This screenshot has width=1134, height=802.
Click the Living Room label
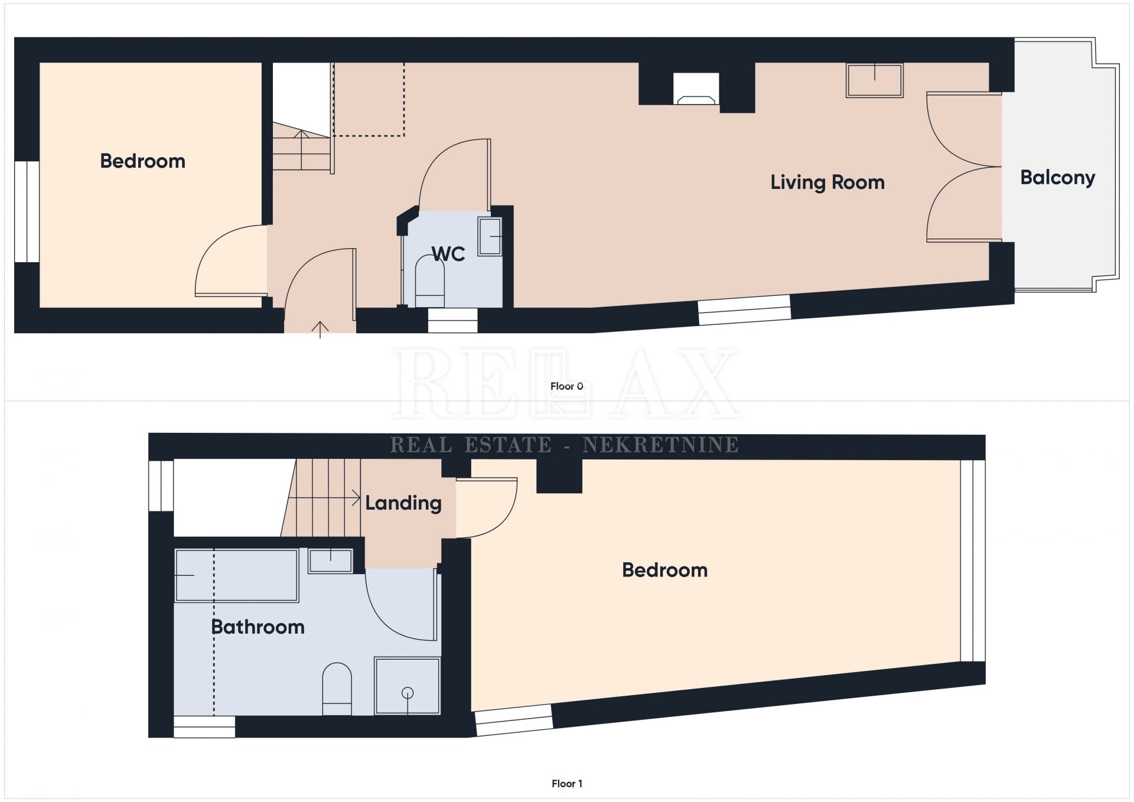click(827, 182)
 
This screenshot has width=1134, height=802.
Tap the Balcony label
click(1058, 178)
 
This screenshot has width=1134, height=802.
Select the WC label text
click(448, 254)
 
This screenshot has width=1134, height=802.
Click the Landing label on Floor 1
click(403, 503)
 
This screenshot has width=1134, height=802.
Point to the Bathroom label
click(258, 627)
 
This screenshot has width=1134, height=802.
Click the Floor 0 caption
click(567, 386)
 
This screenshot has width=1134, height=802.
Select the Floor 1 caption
click(567, 784)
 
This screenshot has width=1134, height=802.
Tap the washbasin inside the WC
click(490, 237)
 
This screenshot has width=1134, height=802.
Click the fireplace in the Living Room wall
click(697, 89)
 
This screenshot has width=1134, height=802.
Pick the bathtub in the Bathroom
click(236, 575)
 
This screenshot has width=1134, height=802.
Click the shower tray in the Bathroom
click(408, 686)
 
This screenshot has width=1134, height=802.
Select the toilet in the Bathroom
click(337, 689)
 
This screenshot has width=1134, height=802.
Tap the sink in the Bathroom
click(331, 560)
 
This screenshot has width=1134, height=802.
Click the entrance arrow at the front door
click(320, 330)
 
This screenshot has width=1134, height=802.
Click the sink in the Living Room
click(875, 80)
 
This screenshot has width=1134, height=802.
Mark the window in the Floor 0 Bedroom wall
click(27, 211)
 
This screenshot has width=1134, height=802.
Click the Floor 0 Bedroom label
click(143, 161)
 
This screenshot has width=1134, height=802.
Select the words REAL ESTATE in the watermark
click(471, 445)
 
